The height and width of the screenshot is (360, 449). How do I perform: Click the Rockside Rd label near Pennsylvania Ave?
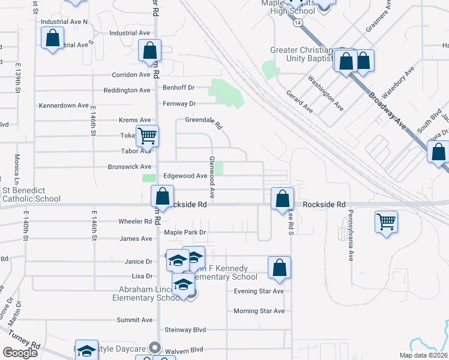(x=324, y=205)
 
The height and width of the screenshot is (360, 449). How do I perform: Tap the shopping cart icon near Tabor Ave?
(x=147, y=136)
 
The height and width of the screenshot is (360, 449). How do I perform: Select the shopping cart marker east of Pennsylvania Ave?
(x=386, y=222)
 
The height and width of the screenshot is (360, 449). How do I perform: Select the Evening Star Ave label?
(x=259, y=292)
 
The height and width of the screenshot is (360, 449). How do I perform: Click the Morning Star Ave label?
(x=259, y=311)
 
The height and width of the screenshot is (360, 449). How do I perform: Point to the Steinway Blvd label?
(x=185, y=330)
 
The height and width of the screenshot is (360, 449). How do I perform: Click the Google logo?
(x=20, y=353)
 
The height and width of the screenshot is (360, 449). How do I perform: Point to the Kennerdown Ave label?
(x=64, y=106)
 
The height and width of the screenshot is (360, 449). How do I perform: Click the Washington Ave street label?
(x=325, y=93)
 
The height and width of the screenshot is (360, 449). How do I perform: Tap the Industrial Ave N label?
(x=64, y=22)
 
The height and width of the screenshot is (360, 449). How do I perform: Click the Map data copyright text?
(x=423, y=355)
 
